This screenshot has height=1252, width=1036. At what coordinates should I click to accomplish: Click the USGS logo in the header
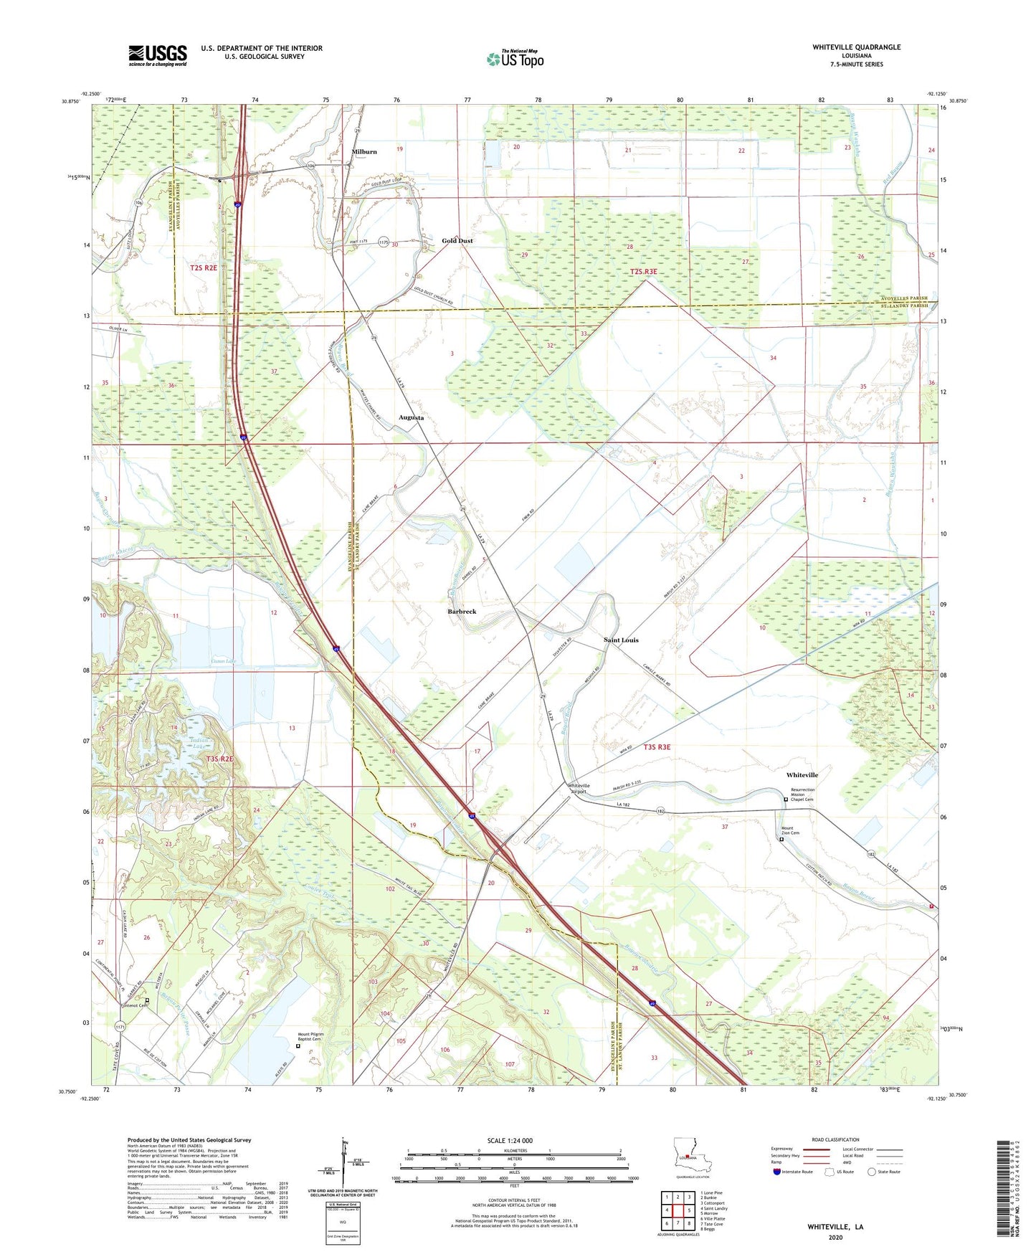point(158,55)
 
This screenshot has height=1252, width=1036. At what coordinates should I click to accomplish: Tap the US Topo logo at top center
point(515,59)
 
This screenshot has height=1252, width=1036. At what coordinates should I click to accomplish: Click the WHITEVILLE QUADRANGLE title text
point(856,47)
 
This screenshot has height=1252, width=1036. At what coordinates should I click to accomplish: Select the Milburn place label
point(364,152)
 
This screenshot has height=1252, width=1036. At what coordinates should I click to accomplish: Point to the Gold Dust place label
point(457,241)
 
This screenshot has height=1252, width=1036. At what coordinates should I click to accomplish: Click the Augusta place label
point(411,417)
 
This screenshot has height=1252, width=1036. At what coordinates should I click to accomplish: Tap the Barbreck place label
point(462,612)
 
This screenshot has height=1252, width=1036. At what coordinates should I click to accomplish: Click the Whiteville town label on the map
point(802,775)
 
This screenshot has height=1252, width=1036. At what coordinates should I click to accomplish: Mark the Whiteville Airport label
point(579,789)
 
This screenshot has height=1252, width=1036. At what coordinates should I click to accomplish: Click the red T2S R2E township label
point(204,267)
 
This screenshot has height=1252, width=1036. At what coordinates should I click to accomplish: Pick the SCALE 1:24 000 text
point(510,1141)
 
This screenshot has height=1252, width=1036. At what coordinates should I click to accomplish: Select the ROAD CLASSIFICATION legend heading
point(835,1139)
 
